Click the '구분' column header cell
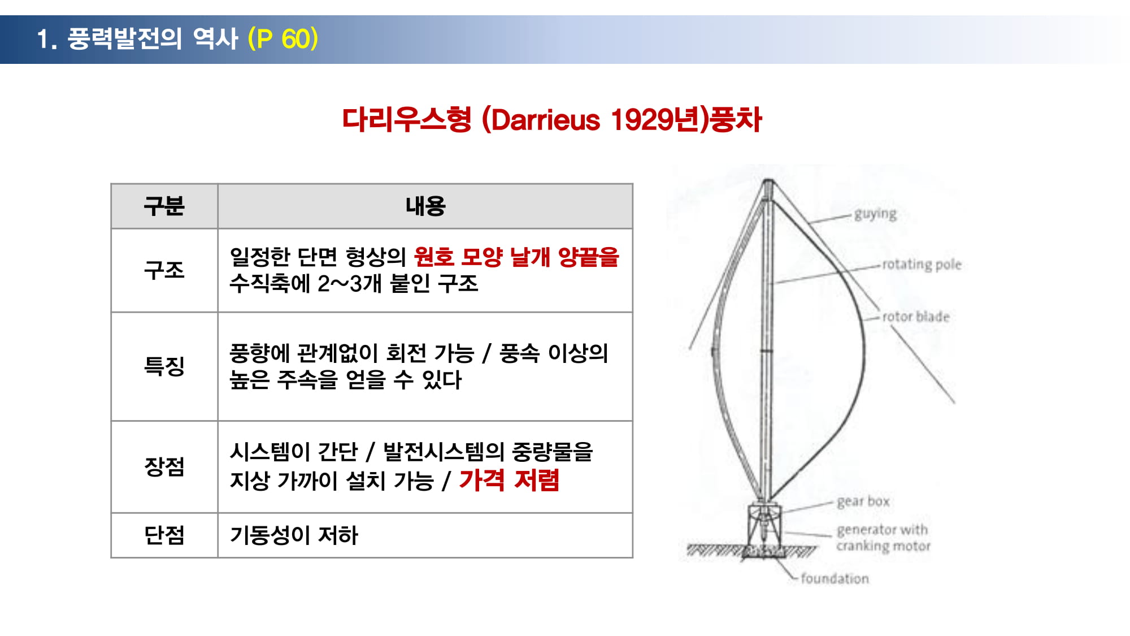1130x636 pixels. tap(164, 206)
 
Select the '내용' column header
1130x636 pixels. tap(425, 206)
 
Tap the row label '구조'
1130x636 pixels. tap(164, 270)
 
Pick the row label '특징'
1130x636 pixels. tap(164, 366)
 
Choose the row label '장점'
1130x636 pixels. tap(164, 467)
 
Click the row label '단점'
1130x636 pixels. tap(164, 535)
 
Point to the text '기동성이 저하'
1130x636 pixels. tap(294, 535)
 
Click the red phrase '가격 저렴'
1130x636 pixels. tap(509, 481)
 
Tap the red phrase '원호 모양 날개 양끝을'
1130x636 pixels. tap(516, 257)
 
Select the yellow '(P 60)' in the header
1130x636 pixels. tap(283, 39)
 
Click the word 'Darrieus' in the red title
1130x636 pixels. tap(545, 120)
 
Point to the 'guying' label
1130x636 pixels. tap(875, 214)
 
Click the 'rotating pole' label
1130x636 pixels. tap(922, 265)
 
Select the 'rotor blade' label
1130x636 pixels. tap(916, 317)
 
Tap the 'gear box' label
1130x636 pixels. tap(863, 501)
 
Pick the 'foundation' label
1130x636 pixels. tap(835, 578)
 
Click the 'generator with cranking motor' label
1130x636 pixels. tap(883, 538)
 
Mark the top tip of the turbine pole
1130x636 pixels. tap(768, 180)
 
